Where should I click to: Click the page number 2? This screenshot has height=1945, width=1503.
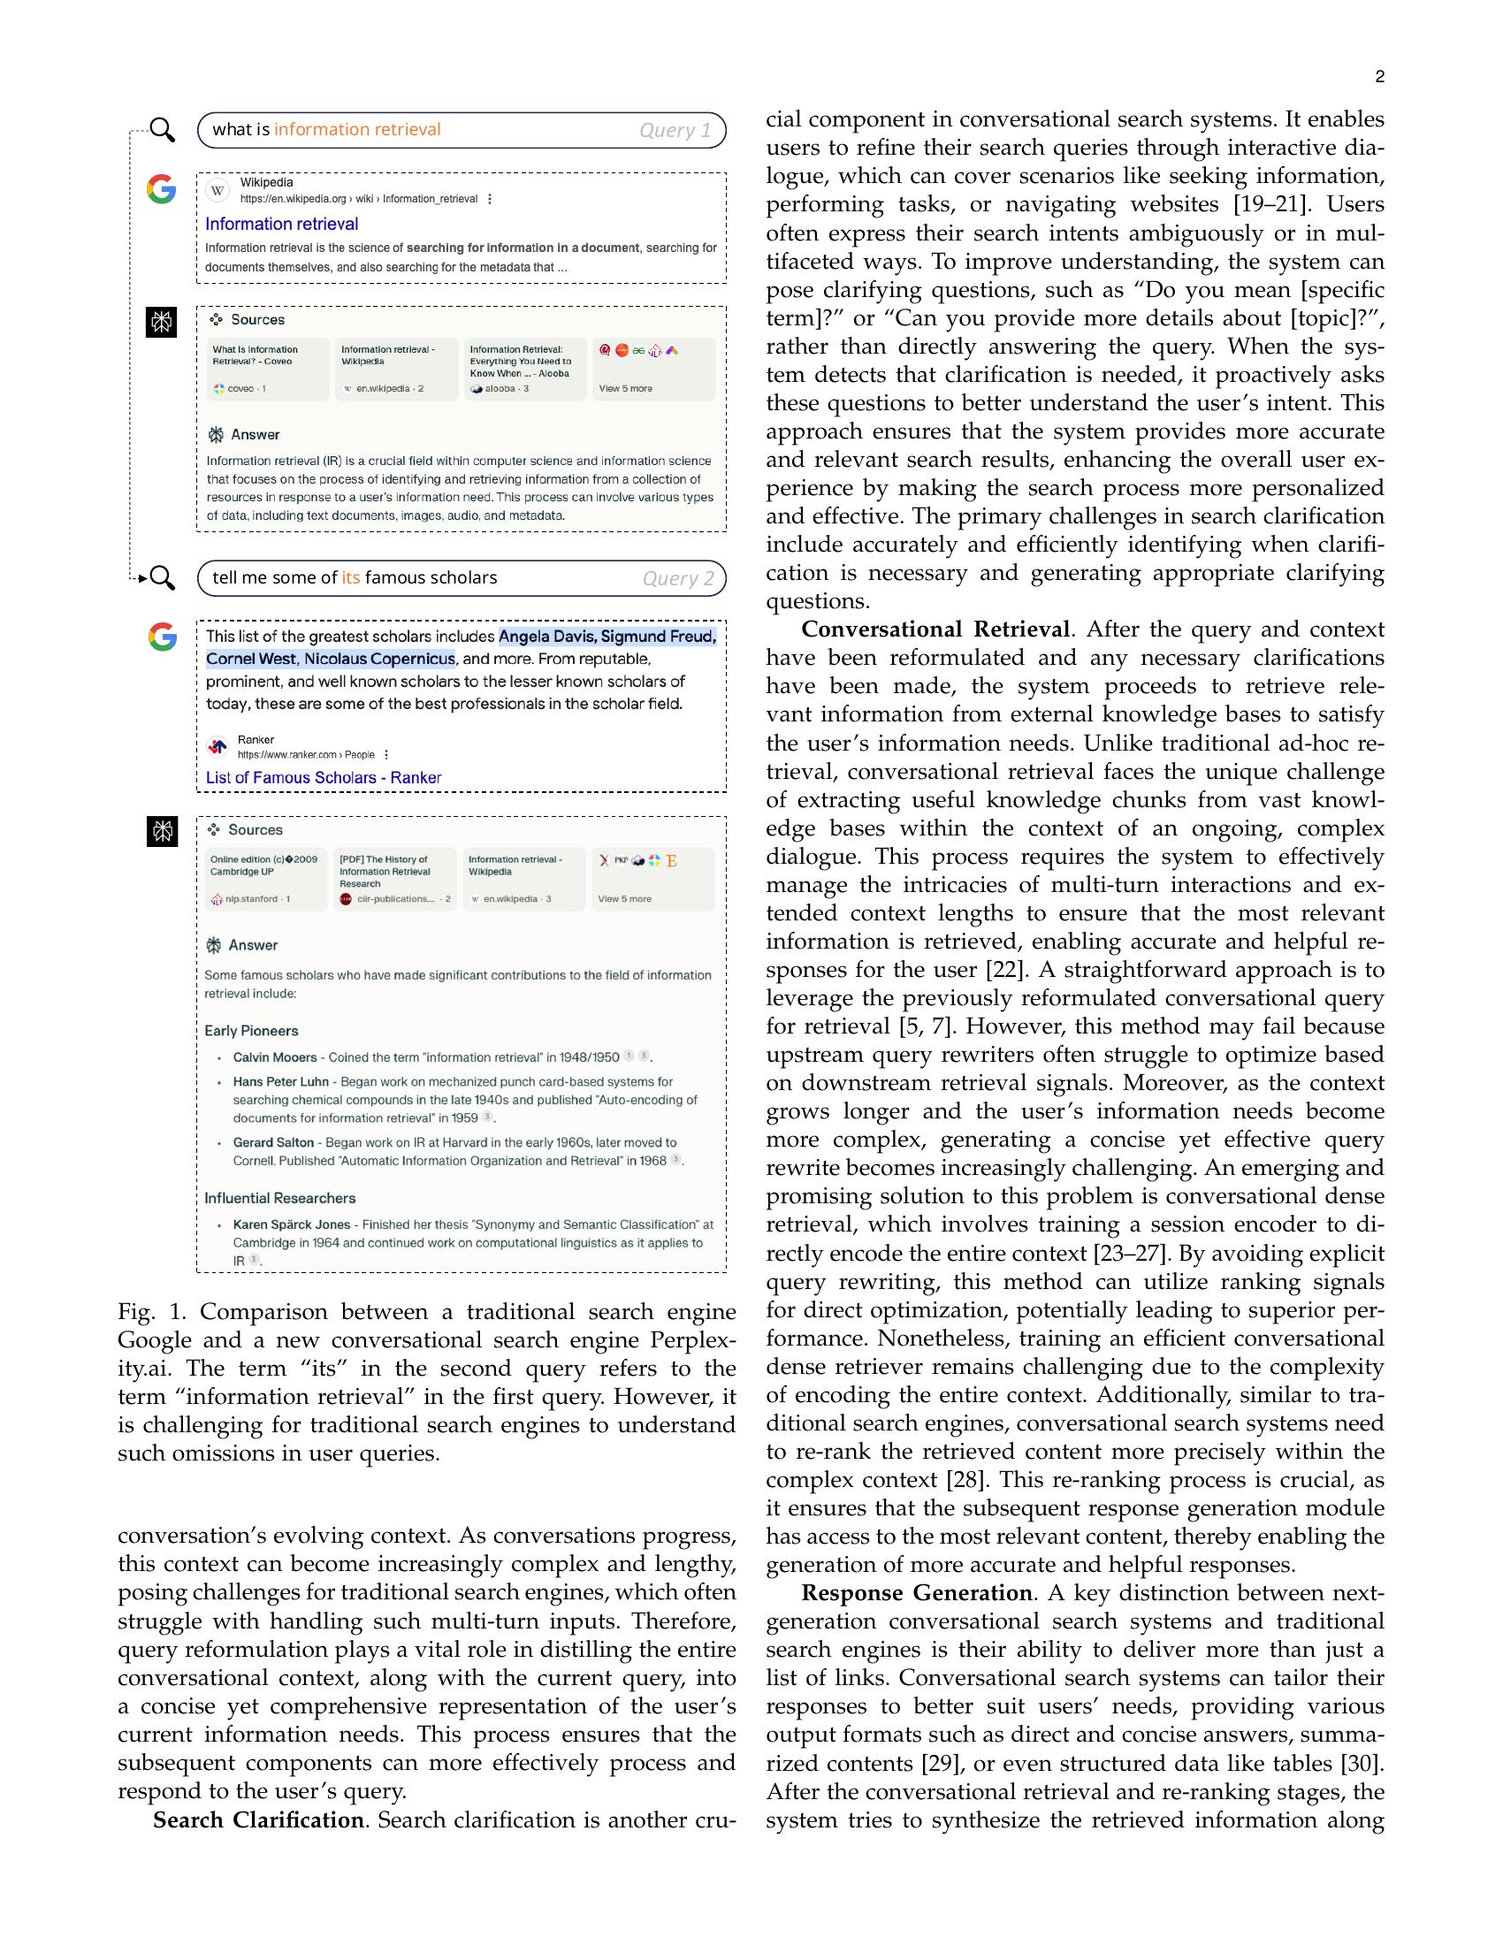(1379, 78)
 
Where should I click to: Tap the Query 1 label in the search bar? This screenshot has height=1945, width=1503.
(675, 130)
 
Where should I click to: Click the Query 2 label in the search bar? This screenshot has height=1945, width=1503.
(677, 578)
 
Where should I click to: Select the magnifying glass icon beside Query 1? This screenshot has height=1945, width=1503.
(162, 129)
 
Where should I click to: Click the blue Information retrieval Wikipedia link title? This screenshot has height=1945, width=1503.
(281, 224)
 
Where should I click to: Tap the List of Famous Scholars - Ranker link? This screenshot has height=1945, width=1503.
(324, 777)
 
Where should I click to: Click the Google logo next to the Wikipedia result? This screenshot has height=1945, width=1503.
(161, 189)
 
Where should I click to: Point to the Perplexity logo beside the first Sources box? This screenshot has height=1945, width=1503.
(161, 322)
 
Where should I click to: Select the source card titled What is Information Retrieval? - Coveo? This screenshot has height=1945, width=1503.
(267, 369)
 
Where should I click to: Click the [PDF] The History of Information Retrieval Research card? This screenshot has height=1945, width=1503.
(394, 878)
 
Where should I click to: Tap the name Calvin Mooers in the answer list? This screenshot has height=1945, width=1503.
(274, 1057)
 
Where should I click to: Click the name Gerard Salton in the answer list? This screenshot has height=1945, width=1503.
(273, 1141)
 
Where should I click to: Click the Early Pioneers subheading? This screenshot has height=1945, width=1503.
(251, 1030)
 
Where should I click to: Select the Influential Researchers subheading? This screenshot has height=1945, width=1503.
(279, 1198)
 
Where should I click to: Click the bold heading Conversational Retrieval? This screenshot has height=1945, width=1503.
(935, 629)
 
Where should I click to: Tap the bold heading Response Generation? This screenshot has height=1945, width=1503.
(916, 1592)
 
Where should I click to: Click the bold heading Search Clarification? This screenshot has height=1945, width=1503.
(258, 1819)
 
